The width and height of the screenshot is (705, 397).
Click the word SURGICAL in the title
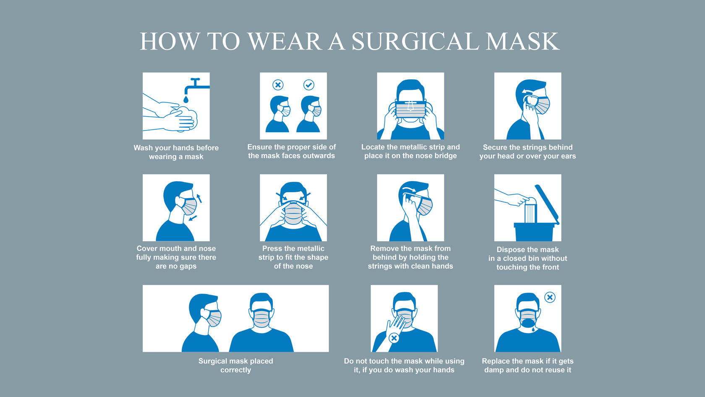[x=415, y=41]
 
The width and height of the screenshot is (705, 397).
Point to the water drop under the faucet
[x=185, y=100]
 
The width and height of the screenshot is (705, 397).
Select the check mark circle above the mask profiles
[x=309, y=85]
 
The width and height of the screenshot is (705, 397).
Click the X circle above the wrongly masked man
[x=278, y=85]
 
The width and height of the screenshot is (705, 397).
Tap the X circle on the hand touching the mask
[x=394, y=338]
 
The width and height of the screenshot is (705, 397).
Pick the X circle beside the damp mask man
[x=550, y=297]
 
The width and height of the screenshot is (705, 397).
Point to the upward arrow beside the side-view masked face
[x=199, y=198]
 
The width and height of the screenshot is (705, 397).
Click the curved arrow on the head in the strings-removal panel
[x=409, y=190]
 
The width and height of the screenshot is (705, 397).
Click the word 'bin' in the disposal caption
[x=520, y=258]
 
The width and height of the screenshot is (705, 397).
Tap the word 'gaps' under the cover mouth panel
[x=188, y=266]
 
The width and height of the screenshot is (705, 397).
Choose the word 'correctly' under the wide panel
[x=235, y=370]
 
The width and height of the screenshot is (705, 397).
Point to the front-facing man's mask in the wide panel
[x=261, y=319]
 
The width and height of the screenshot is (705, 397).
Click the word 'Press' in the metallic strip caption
[x=271, y=248]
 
